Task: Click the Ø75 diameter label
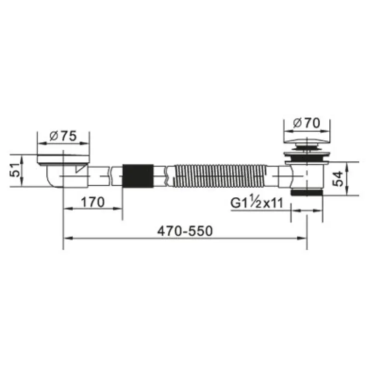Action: pos(63,136)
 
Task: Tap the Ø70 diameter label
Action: pos(306,123)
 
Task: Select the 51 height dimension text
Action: pos(15,170)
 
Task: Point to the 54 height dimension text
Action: pos(338,179)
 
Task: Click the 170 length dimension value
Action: pos(93,202)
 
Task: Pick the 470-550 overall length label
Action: pos(185,231)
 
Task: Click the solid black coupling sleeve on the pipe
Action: pos(138,176)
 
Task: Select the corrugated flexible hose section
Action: pos(220,176)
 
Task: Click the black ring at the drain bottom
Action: pos(307,193)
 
